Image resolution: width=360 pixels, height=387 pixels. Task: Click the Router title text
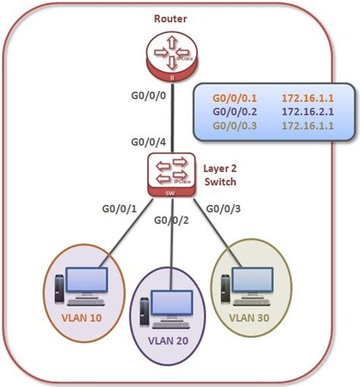point(170,19)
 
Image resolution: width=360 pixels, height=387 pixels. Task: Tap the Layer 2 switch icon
point(172,175)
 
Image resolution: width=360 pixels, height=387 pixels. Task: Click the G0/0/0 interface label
point(148,96)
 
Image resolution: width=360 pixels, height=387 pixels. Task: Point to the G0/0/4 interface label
point(148,142)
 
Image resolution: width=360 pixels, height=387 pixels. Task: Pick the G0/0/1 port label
point(119,209)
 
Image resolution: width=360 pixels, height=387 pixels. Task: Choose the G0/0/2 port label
point(172,220)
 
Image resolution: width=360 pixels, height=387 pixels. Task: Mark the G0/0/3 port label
point(223,209)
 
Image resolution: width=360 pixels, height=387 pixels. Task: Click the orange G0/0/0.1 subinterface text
point(235,99)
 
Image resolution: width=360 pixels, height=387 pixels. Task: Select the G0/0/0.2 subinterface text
point(235,112)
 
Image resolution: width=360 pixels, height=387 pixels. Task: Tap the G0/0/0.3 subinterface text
point(235,126)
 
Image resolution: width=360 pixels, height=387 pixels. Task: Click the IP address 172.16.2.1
point(308,112)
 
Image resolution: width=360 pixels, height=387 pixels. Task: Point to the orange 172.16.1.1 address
point(308,99)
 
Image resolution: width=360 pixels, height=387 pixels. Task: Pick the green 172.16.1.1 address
point(308,126)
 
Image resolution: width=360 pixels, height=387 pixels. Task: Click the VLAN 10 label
point(81,318)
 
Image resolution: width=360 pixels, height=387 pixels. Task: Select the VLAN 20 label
point(168,341)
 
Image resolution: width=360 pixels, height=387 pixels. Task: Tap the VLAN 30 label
point(249,318)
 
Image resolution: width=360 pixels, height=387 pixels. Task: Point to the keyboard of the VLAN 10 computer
point(87,302)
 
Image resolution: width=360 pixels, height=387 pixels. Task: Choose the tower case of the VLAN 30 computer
point(226,289)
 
